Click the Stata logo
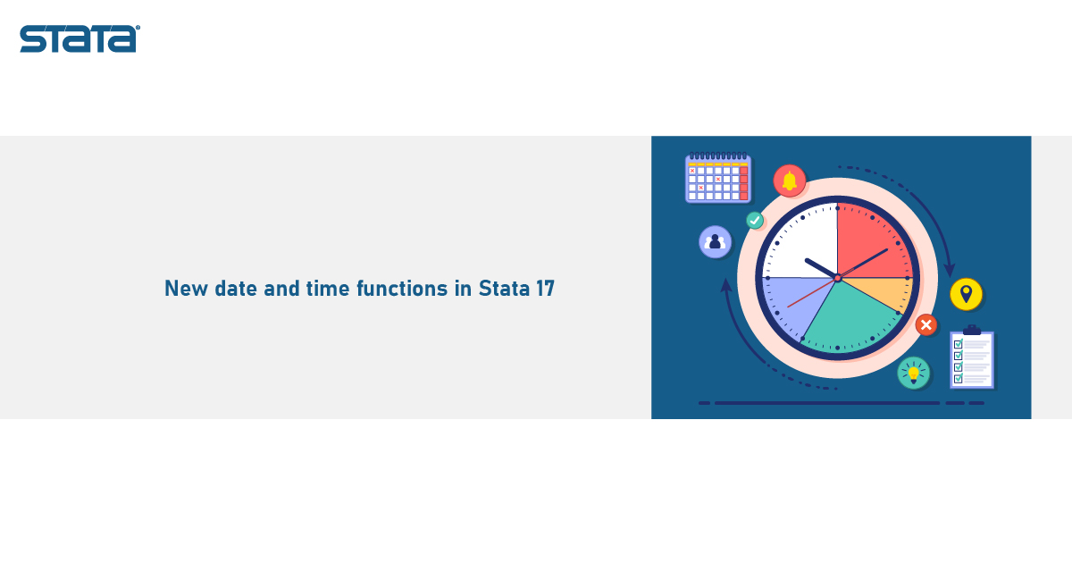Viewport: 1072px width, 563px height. pos(80,38)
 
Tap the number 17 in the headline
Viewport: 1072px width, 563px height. pos(545,288)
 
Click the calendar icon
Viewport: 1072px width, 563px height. pos(718,178)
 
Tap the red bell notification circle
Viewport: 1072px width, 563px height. pos(790,181)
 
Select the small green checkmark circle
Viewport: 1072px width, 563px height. pos(755,220)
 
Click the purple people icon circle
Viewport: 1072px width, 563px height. pos(715,242)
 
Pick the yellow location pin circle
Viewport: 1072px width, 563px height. pos(967,294)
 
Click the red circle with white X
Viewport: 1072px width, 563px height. pos(926,325)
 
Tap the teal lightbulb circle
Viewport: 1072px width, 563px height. pos(914,373)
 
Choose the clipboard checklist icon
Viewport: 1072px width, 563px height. pos(972,357)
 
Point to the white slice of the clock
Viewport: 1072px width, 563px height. pos(805,243)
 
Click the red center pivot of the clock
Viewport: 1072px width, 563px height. pos(838,278)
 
